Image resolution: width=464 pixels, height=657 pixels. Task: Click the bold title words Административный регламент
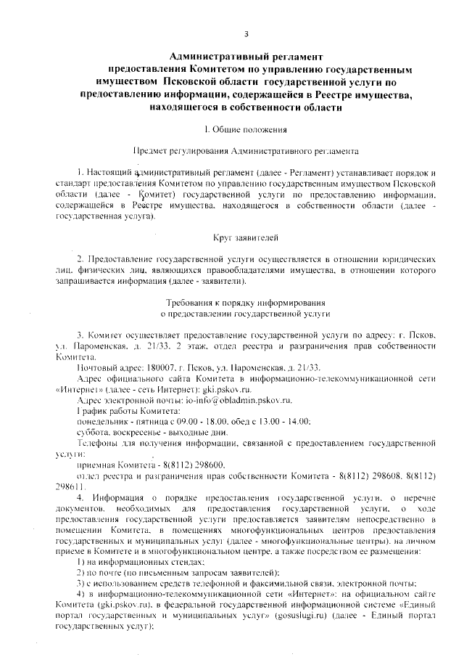click(245, 56)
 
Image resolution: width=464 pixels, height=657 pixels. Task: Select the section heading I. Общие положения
click(246, 130)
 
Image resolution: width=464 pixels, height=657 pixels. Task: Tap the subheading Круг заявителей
click(246, 238)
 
